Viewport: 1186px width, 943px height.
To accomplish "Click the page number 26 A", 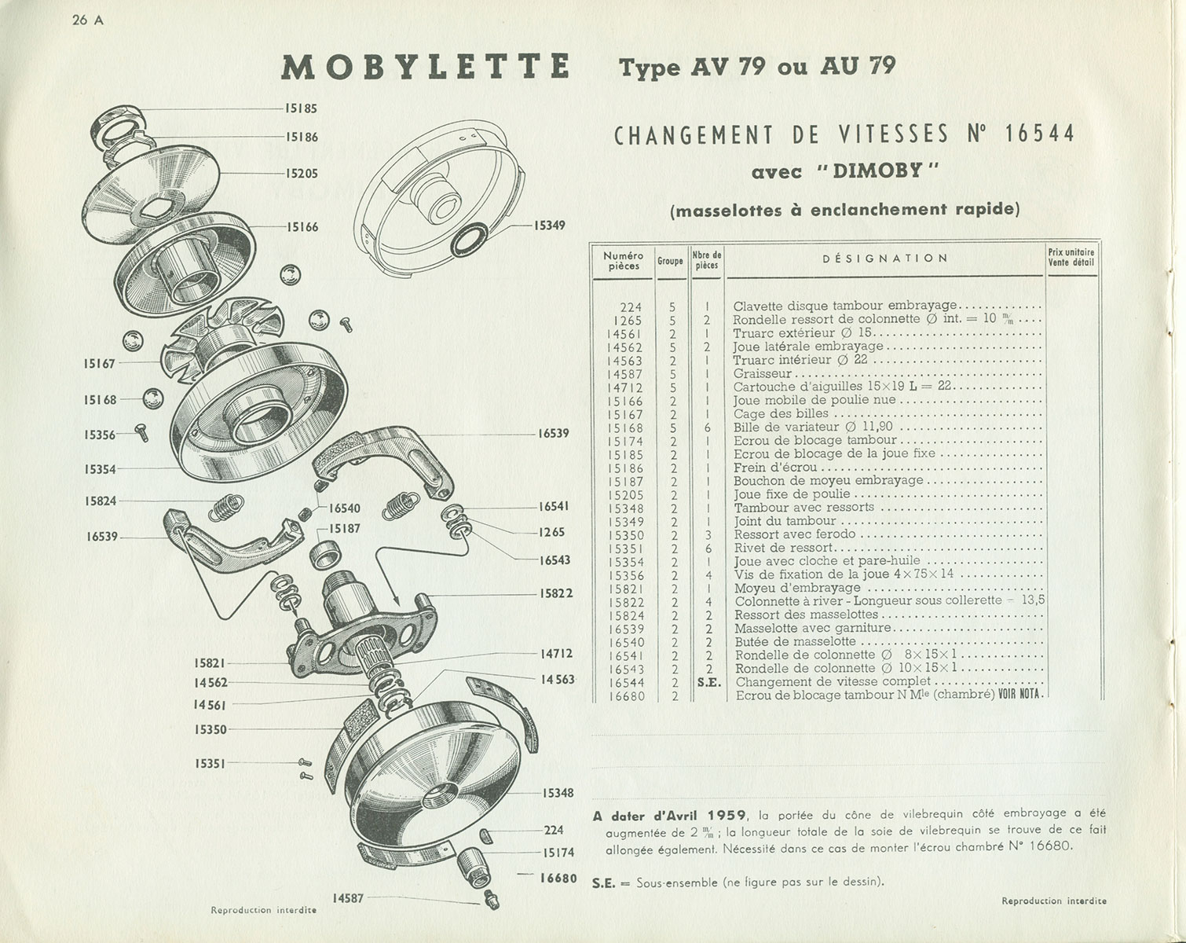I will click(87, 21).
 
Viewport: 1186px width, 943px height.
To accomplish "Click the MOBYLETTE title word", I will click(425, 68).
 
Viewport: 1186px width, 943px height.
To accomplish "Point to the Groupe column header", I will click(670, 260).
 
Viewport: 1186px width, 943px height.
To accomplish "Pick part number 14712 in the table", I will click(624, 387).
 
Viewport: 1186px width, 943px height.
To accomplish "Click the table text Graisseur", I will click(763, 374).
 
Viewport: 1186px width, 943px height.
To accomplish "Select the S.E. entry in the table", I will click(708, 683).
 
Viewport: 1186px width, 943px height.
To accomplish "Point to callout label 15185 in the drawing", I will click(301, 108).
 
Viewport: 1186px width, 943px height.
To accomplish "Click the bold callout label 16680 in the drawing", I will click(558, 878).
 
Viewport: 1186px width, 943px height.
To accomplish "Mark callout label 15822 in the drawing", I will click(555, 593).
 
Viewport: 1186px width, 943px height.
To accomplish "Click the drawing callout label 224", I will click(554, 830).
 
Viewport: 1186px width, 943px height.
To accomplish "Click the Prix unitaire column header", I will click(1071, 257).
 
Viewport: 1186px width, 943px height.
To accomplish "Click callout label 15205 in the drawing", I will click(301, 174).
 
